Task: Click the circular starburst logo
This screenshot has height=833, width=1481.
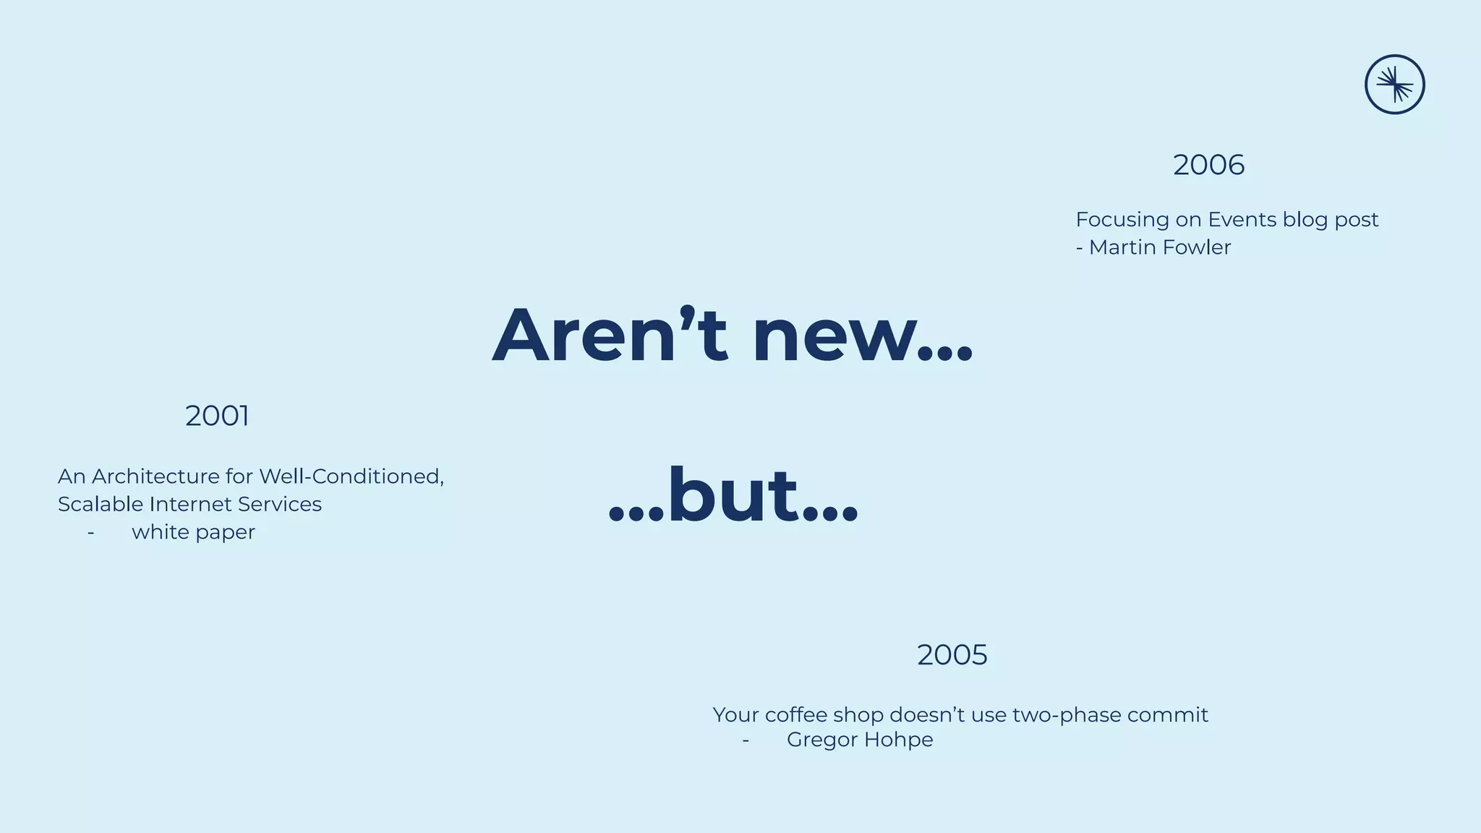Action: click(x=1394, y=85)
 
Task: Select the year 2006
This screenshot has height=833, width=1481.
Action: click(x=1208, y=165)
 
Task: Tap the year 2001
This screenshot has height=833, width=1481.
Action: click(x=217, y=416)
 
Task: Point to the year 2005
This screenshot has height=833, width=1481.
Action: click(x=952, y=655)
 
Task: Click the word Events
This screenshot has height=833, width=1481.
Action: click(x=1242, y=219)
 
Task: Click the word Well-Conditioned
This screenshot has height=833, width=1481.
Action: click(x=351, y=477)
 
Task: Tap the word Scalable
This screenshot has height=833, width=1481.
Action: click(x=101, y=504)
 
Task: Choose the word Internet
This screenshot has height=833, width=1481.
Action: click(x=192, y=504)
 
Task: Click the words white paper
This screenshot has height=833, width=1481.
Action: click(x=193, y=532)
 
